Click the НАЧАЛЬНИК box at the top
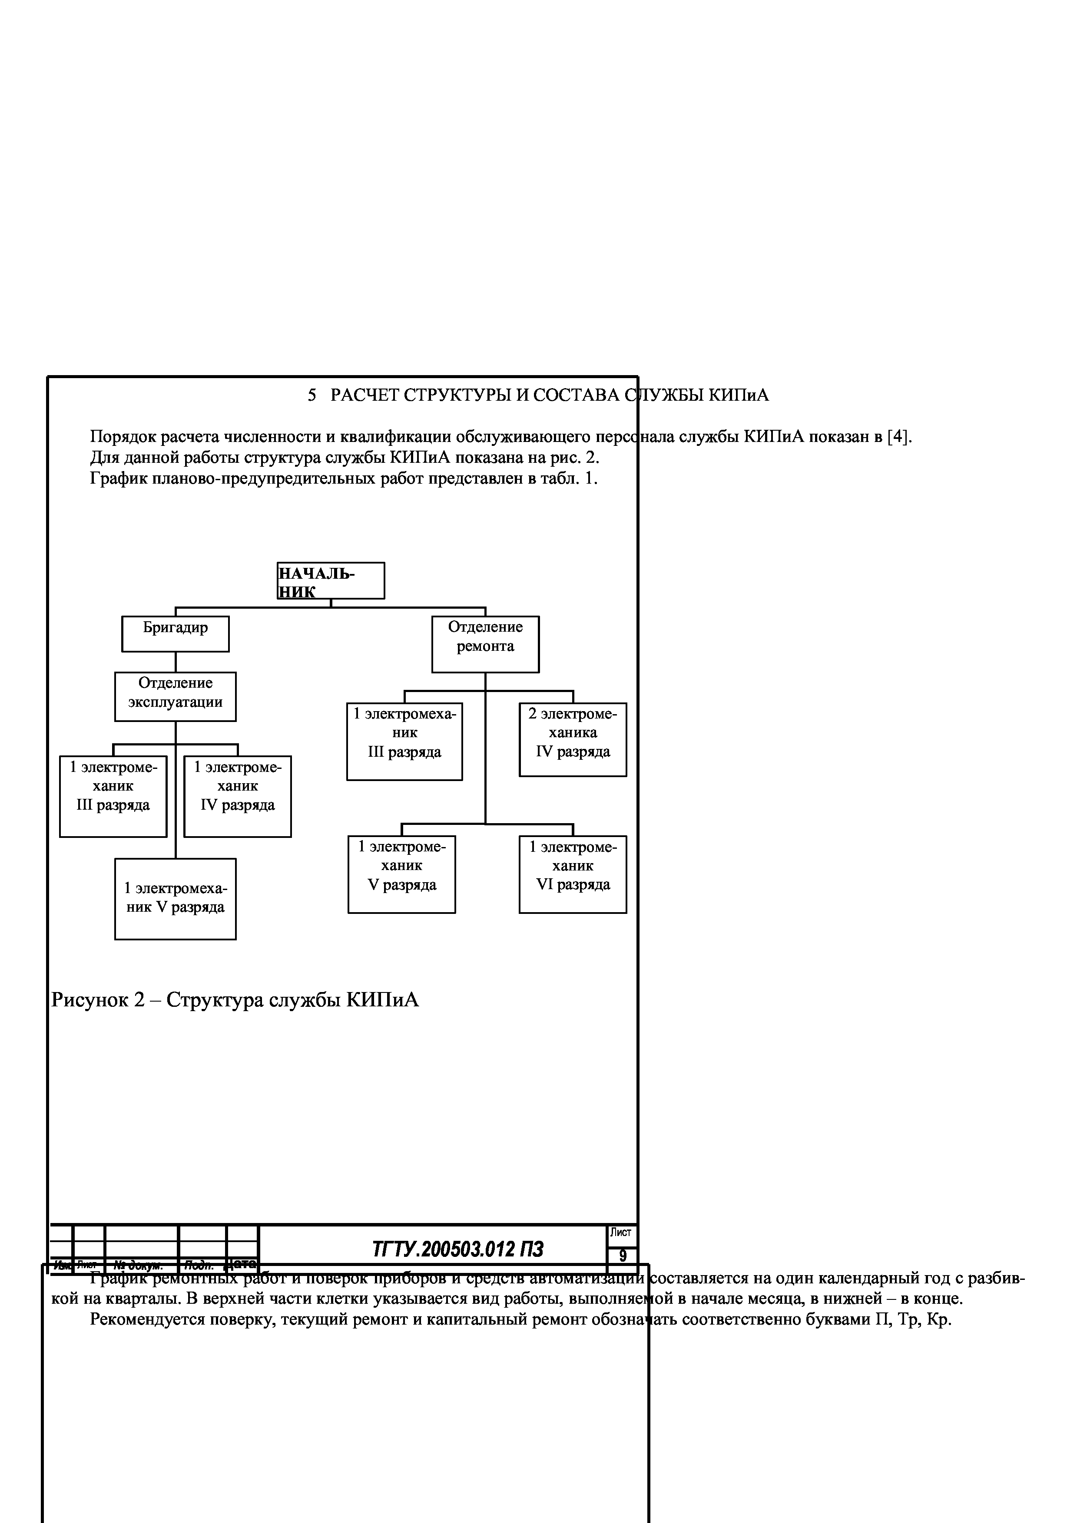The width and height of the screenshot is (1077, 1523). tap(331, 580)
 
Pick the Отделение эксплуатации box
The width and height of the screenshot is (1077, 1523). tap(175, 696)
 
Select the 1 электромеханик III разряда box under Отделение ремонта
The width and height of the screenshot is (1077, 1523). tap(404, 741)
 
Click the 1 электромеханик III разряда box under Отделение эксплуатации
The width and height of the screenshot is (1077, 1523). tap(113, 796)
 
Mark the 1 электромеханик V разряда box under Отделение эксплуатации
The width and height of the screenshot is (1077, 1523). tap(175, 899)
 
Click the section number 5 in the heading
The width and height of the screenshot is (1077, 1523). tap(312, 396)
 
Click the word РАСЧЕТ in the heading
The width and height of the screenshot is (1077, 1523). tap(365, 396)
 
